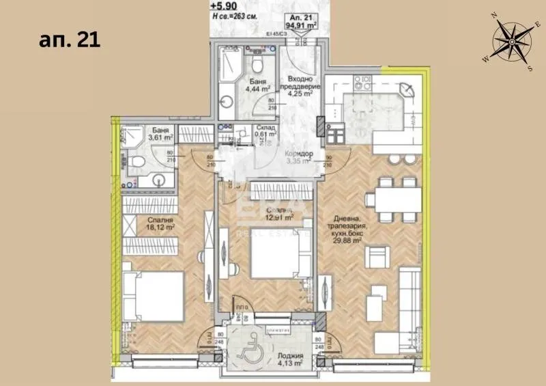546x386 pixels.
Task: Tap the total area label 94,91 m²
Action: point(300,28)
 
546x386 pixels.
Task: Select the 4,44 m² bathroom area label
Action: point(257,88)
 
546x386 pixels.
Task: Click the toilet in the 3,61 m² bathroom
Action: point(139,162)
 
